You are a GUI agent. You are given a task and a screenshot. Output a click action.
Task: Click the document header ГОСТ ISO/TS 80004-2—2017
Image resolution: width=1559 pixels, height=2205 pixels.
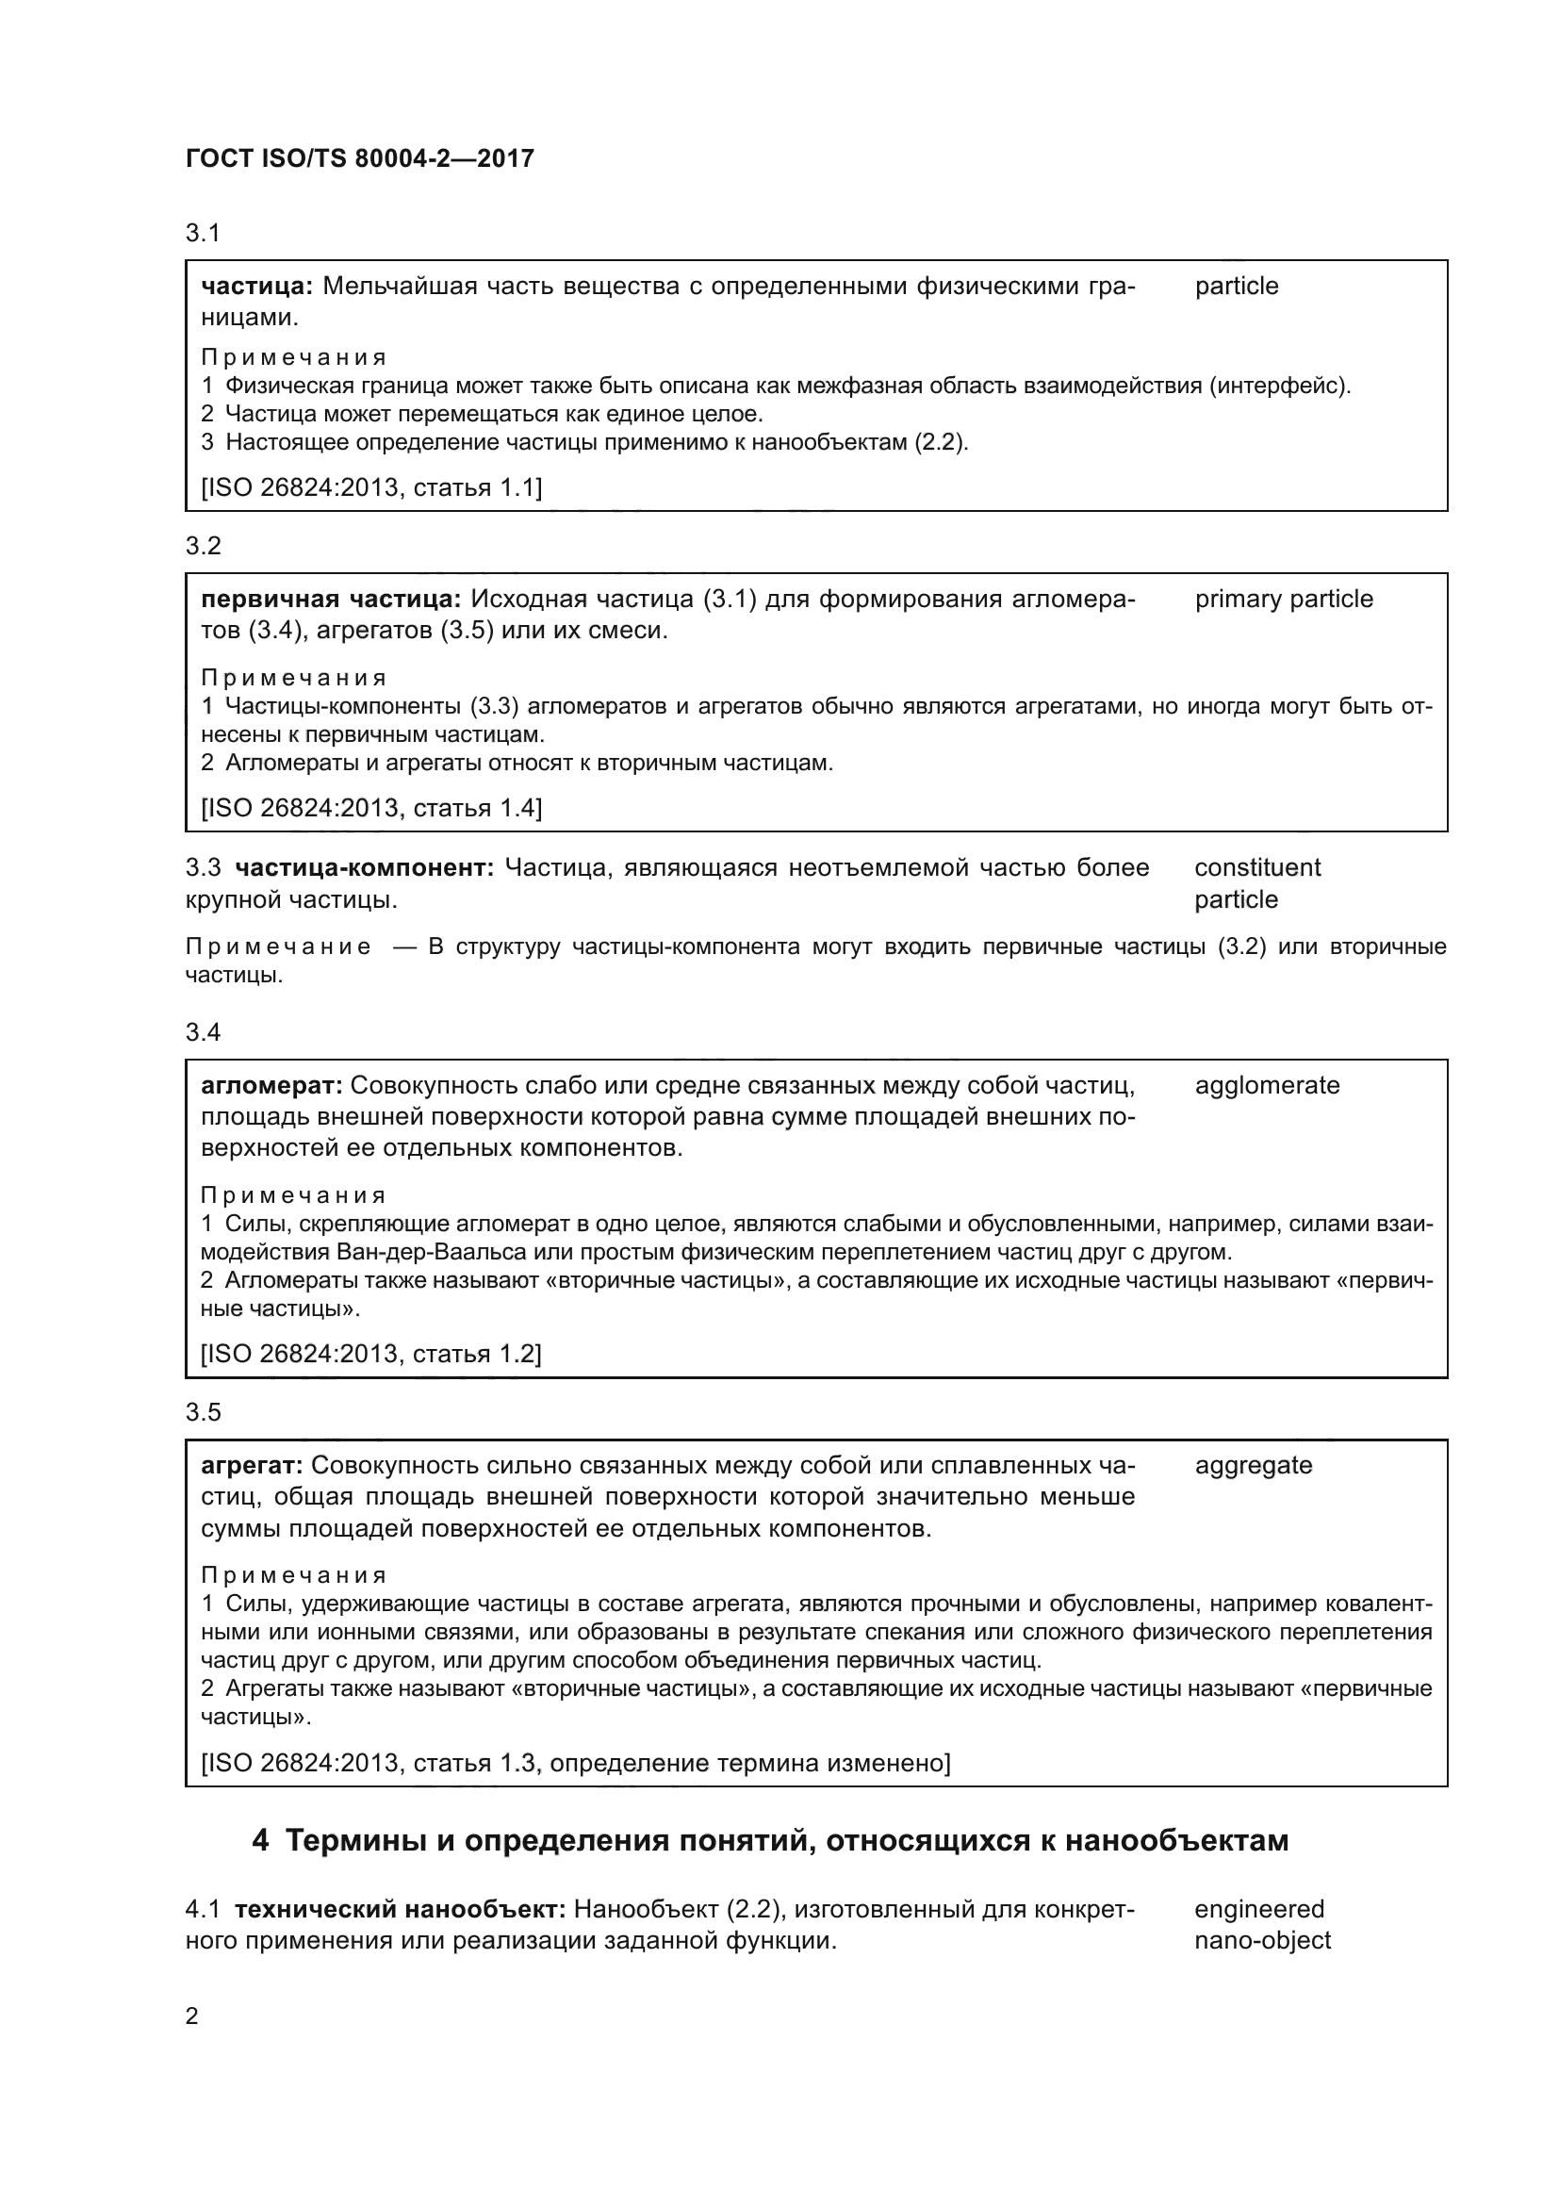point(359,159)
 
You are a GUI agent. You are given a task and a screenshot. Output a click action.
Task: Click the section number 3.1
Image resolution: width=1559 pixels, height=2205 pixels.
point(203,233)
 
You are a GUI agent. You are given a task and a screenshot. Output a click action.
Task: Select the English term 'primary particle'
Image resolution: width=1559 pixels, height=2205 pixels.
point(1284,600)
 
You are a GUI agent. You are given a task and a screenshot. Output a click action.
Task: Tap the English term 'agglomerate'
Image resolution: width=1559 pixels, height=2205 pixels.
point(1266,1085)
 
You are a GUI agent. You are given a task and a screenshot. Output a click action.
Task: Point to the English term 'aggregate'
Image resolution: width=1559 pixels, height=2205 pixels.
point(1253,1466)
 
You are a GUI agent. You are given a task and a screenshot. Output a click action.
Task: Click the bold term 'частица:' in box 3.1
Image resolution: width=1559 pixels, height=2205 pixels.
point(256,287)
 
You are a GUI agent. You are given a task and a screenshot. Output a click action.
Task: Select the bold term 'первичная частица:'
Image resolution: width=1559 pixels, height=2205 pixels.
point(331,600)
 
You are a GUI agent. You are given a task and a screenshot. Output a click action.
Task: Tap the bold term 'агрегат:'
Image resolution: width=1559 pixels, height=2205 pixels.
point(253,1466)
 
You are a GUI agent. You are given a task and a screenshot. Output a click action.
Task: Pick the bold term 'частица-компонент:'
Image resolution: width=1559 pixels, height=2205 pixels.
point(365,868)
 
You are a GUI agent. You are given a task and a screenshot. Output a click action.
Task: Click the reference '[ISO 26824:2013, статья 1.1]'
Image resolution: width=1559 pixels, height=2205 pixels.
point(370,488)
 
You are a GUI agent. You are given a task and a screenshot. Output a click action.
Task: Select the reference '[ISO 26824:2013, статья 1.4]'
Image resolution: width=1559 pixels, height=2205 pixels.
point(370,808)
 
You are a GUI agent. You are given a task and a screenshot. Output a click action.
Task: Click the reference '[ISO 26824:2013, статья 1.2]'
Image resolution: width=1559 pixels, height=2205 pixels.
point(370,1354)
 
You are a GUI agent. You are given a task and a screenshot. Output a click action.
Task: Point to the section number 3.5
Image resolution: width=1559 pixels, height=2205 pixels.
point(203,1412)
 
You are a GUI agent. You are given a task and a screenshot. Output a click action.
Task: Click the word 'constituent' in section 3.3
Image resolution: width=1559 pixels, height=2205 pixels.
point(1256,868)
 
